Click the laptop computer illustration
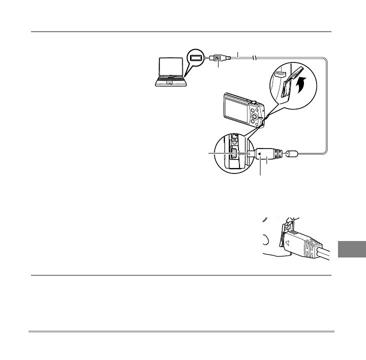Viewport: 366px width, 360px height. (169, 73)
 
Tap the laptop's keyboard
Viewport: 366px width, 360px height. (170, 80)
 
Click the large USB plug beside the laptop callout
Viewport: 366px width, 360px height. (218, 58)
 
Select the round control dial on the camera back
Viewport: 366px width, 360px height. (255, 118)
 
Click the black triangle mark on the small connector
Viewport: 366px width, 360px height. (259, 154)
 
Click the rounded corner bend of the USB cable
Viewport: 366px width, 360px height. (325, 63)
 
